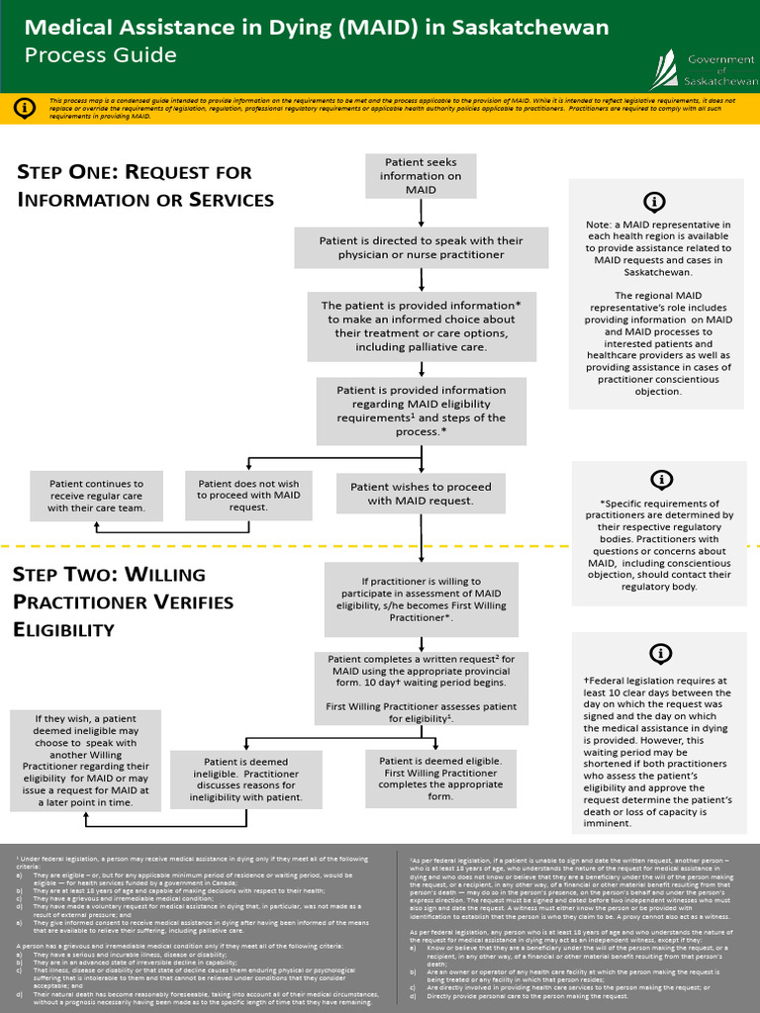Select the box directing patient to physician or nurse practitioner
(421, 247)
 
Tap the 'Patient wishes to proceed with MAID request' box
(421, 494)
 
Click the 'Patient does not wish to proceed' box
(248, 494)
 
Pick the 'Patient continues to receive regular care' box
(96, 495)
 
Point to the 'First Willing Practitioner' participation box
(421, 599)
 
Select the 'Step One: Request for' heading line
(135, 172)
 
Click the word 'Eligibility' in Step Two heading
(63, 629)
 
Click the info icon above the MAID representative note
(654, 202)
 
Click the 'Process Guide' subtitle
(100, 55)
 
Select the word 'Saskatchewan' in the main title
(529, 27)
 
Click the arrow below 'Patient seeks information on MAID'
(422, 212)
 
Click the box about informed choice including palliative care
(421, 326)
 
